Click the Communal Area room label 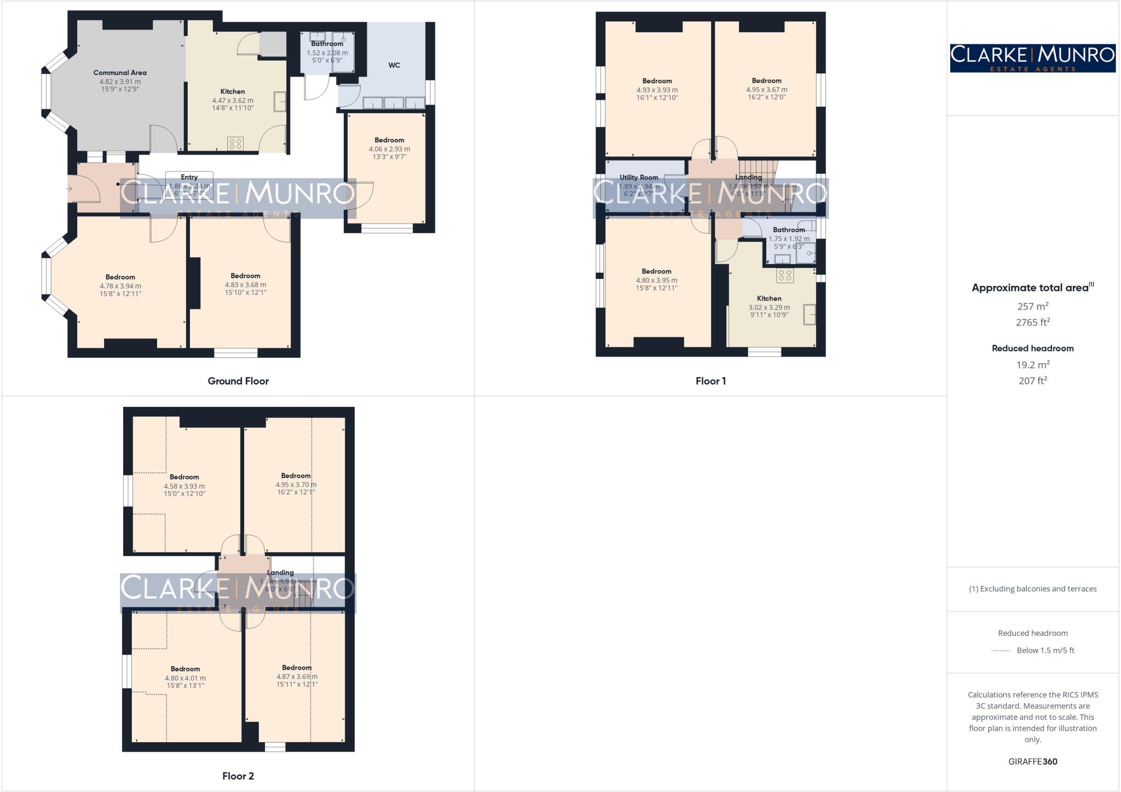(x=120, y=72)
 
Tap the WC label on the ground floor (x=394, y=65)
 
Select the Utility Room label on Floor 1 (x=639, y=177)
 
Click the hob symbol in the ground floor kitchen (x=235, y=144)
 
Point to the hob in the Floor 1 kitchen (x=785, y=276)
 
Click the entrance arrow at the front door (x=70, y=189)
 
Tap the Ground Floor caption (x=238, y=381)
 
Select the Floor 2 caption (x=238, y=776)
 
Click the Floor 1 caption (x=710, y=381)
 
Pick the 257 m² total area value (x=1032, y=306)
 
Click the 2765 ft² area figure (x=1032, y=323)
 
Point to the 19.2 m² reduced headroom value (x=1032, y=365)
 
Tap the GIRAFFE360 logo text (x=1032, y=761)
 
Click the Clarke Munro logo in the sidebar (x=1032, y=58)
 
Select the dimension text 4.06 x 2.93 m (x=389, y=149)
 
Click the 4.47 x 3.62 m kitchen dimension (x=233, y=101)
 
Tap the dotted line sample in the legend (x=1001, y=651)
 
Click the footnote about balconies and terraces (x=1032, y=589)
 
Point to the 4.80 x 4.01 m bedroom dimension (x=185, y=678)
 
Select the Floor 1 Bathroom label (x=789, y=230)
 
